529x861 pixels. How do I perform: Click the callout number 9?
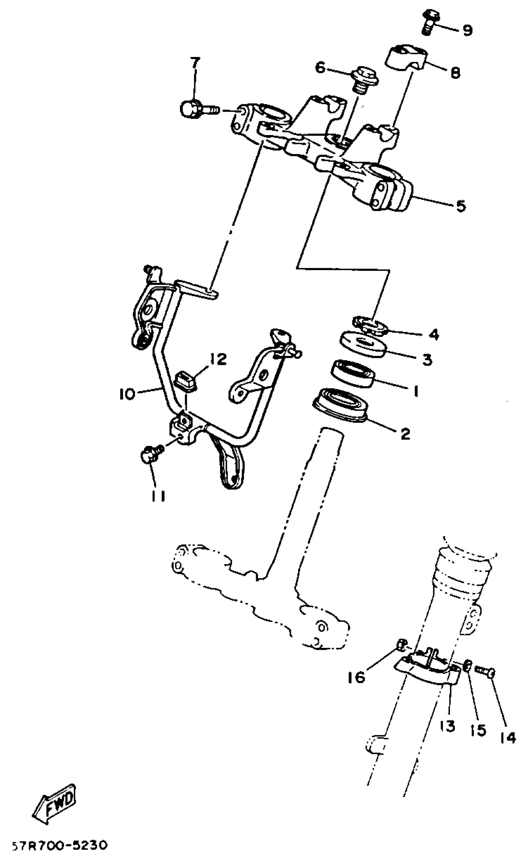click(467, 30)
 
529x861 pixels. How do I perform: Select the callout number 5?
click(461, 206)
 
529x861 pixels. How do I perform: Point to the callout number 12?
click(218, 360)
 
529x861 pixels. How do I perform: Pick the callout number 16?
click(357, 678)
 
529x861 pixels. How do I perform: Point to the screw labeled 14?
click(486, 670)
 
